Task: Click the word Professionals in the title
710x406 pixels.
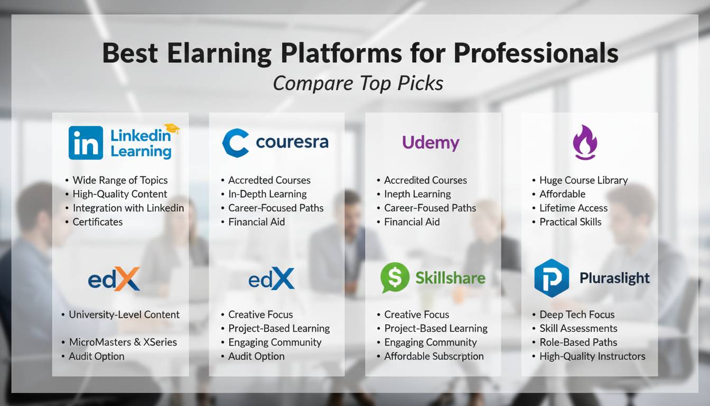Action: (x=536, y=53)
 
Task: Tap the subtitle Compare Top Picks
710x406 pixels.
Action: (x=358, y=84)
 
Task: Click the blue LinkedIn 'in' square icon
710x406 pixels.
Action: (x=86, y=143)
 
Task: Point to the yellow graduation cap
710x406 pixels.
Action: (x=172, y=128)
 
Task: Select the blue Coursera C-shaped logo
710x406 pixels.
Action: (x=235, y=143)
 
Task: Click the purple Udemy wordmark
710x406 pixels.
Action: (x=431, y=143)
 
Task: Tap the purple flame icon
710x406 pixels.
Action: (x=585, y=142)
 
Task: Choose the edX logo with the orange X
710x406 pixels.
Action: (x=114, y=279)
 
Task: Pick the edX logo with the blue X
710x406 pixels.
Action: (x=272, y=279)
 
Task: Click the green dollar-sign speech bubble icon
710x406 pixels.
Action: (x=395, y=277)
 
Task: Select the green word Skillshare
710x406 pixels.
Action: (x=450, y=278)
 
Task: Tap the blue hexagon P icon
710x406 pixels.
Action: (x=552, y=278)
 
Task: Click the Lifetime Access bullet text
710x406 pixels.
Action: (x=574, y=208)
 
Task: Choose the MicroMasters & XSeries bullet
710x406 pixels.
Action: (x=123, y=342)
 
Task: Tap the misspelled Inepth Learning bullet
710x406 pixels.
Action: (x=417, y=194)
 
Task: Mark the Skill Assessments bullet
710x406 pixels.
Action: (x=578, y=328)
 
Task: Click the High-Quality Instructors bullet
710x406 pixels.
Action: (x=592, y=356)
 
